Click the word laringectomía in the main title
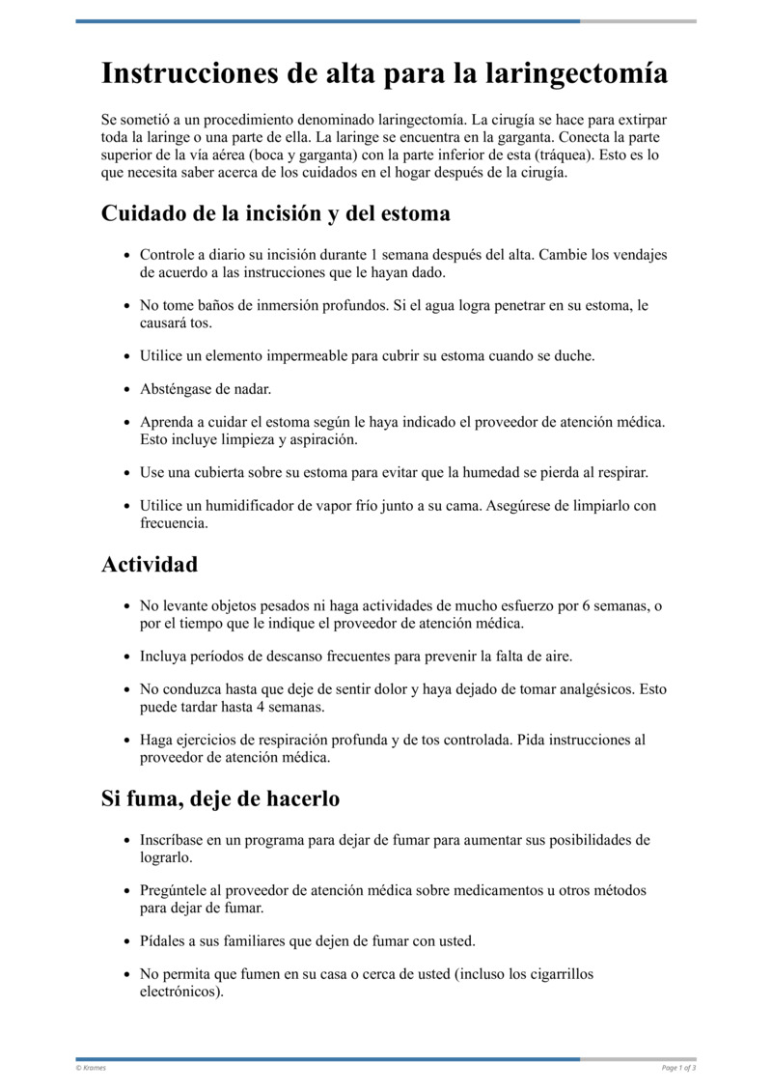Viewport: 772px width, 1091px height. click(x=575, y=73)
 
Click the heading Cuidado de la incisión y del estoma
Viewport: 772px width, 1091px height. click(x=276, y=212)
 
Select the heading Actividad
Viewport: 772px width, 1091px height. click(x=150, y=565)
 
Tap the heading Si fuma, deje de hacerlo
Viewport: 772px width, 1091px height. click(x=220, y=799)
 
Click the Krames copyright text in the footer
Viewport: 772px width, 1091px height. click(x=92, y=1067)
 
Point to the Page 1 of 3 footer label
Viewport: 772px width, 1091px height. click(x=679, y=1067)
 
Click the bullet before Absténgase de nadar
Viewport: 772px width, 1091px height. click(x=127, y=389)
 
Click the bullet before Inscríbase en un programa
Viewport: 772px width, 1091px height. click(x=127, y=840)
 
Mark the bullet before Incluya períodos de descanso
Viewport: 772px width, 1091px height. click(x=127, y=657)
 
